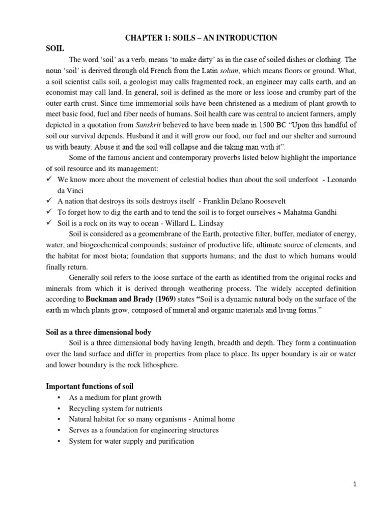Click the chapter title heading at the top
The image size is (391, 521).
click(x=195, y=38)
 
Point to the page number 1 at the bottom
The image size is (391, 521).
click(x=354, y=484)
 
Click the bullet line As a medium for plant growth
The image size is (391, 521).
click(x=115, y=397)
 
